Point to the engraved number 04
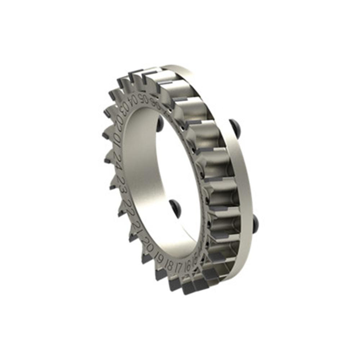[x=134, y=100]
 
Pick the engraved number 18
[x=169, y=265]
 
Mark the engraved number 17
[x=178, y=268]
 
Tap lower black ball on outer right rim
[x=256, y=223]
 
